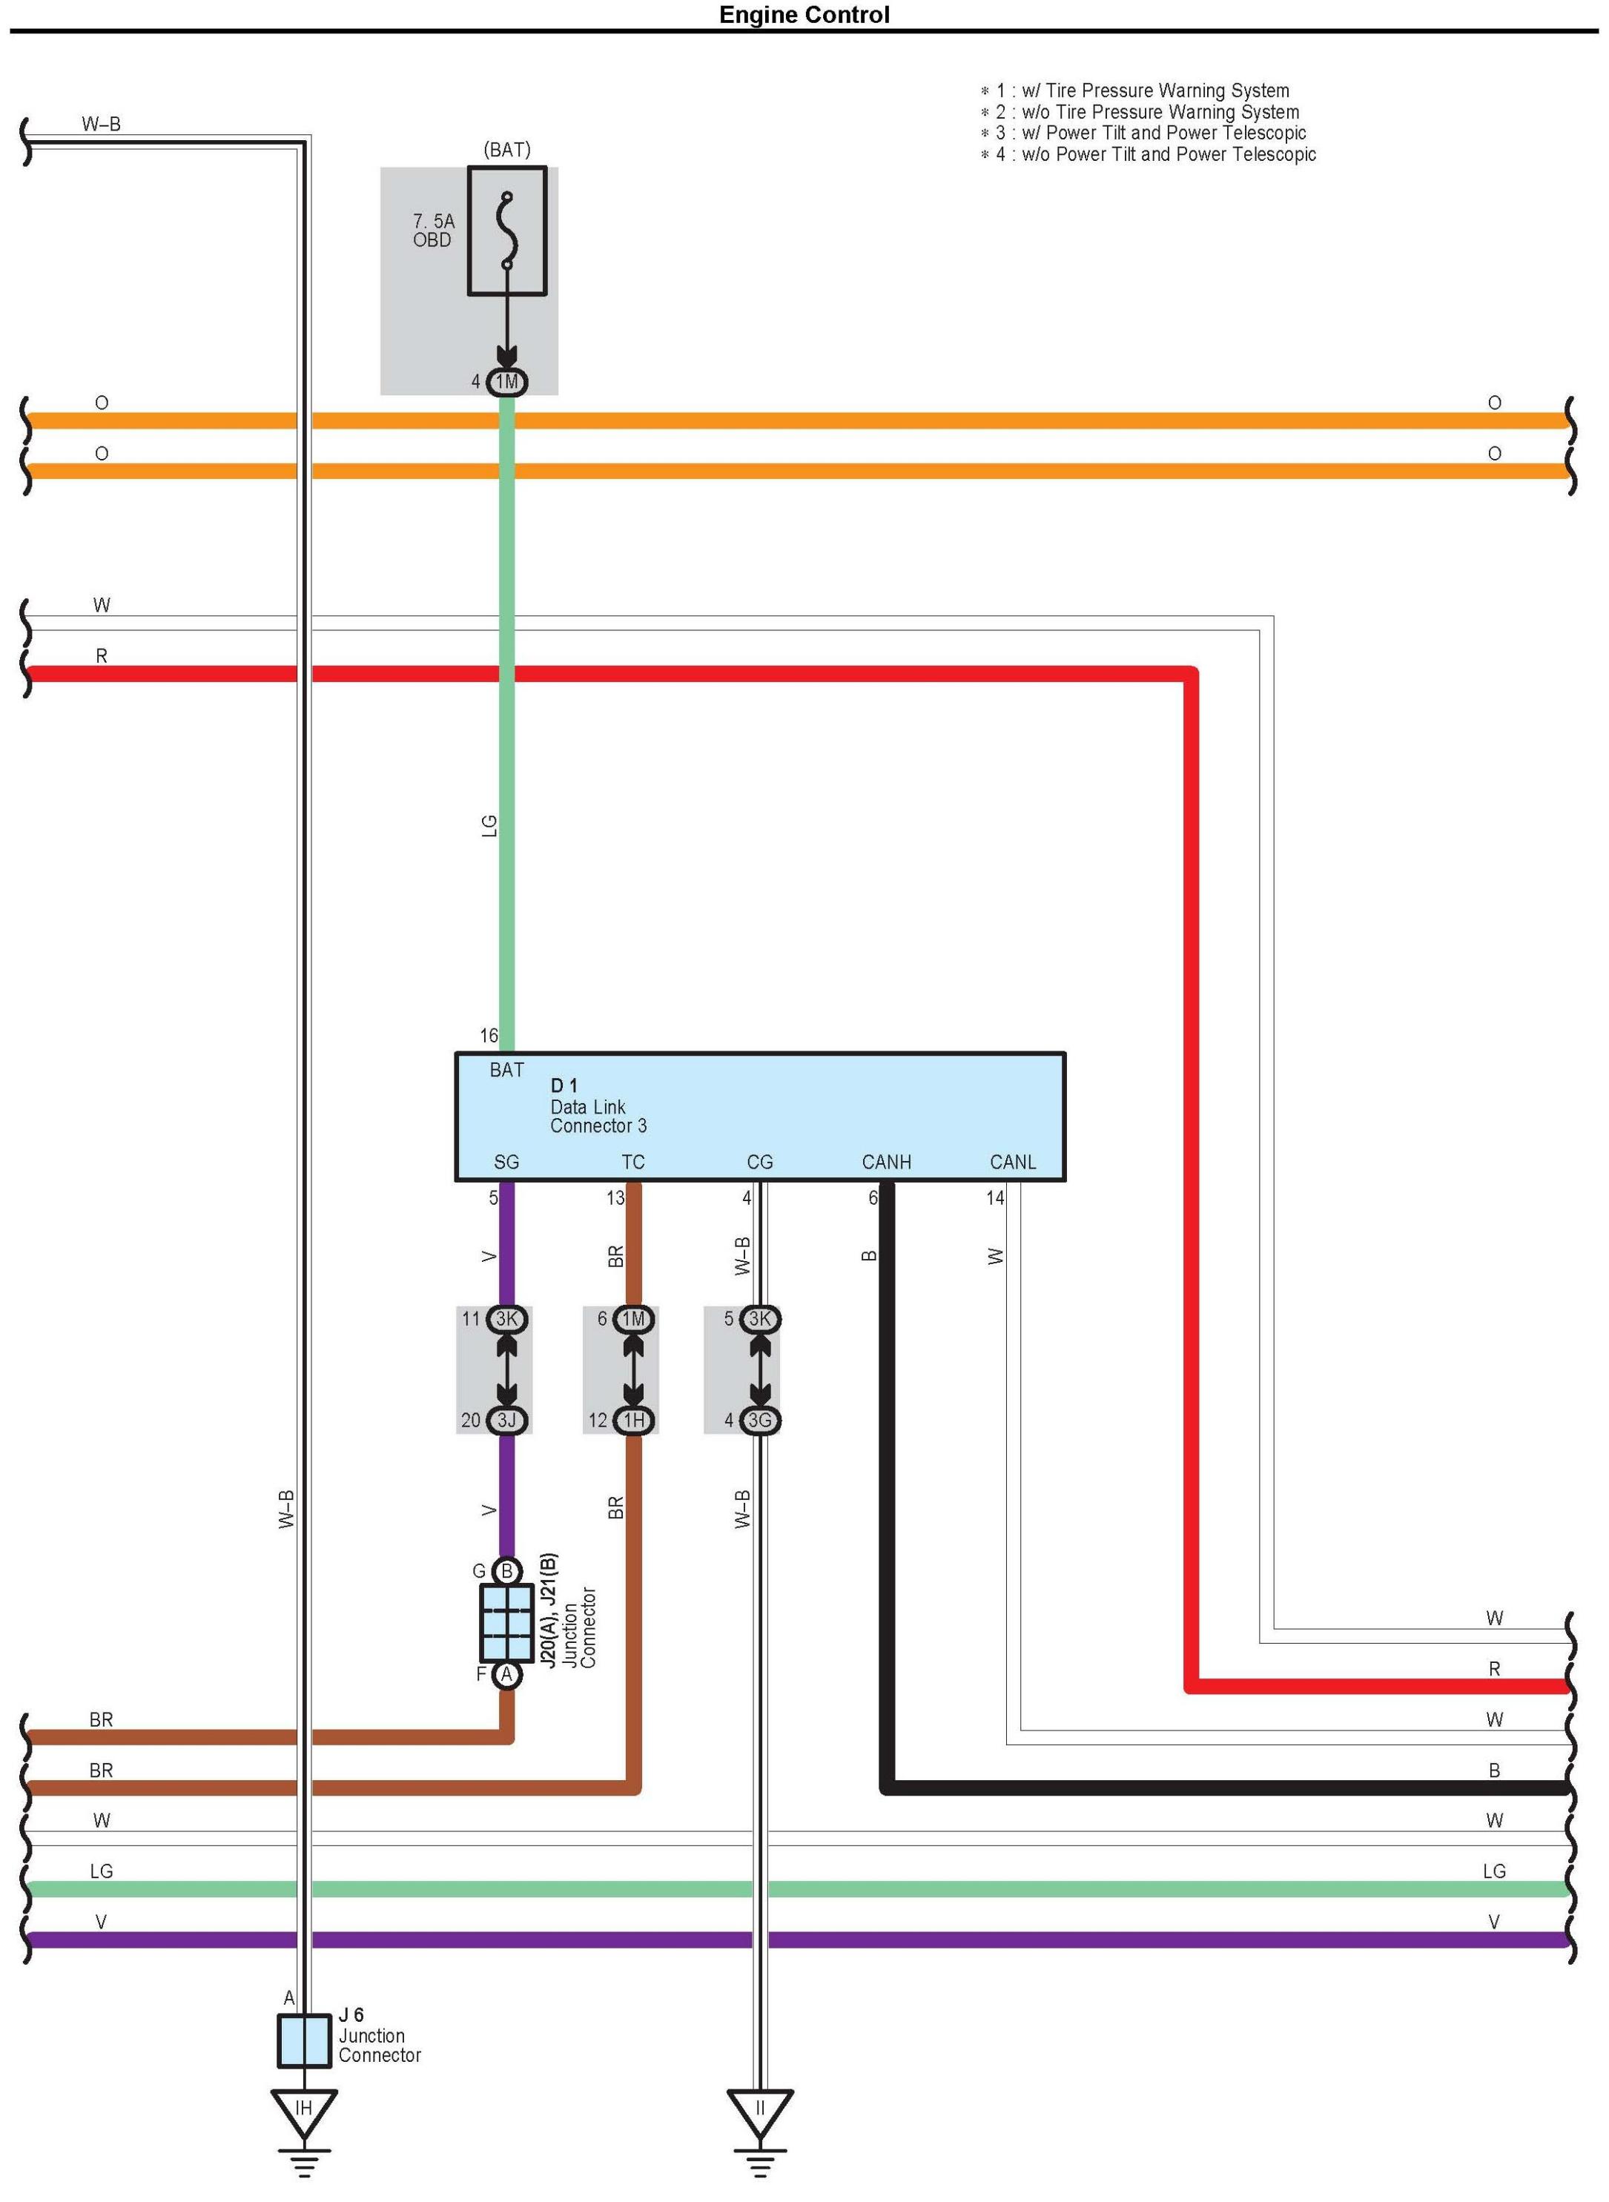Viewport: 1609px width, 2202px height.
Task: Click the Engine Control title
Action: pyautogui.click(x=804, y=15)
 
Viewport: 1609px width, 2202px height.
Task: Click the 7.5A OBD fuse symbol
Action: pyautogui.click(x=506, y=231)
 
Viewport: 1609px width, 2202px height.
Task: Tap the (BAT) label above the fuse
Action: pyautogui.click(x=506, y=150)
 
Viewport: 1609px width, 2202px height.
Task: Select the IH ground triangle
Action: pyautogui.click(x=304, y=2112)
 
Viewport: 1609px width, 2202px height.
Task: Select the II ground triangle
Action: pyautogui.click(x=760, y=2112)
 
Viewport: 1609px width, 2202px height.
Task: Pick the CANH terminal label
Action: pyautogui.click(x=886, y=1162)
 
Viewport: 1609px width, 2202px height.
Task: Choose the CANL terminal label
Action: pyautogui.click(x=1013, y=1162)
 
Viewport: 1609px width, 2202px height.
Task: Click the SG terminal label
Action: pyautogui.click(x=506, y=1162)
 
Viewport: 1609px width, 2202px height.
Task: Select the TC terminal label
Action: pyautogui.click(x=633, y=1162)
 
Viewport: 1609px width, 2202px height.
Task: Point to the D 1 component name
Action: pyautogui.click(x=564, y=1085)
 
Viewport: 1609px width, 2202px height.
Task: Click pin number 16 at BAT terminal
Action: pyautogui.click(x=489, y=1035)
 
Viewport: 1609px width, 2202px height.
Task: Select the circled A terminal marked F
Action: pyautogui.click(x=506, y=1675)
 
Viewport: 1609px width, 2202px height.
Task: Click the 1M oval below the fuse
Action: pyautogui.click(x=506, y=382)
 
